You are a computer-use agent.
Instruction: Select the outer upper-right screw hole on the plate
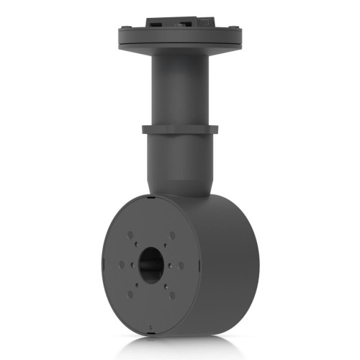point(173,235)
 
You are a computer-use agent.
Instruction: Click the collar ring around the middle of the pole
point(180,130)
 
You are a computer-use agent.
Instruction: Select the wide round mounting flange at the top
point(180,40)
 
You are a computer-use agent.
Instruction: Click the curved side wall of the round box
point(230,266)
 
